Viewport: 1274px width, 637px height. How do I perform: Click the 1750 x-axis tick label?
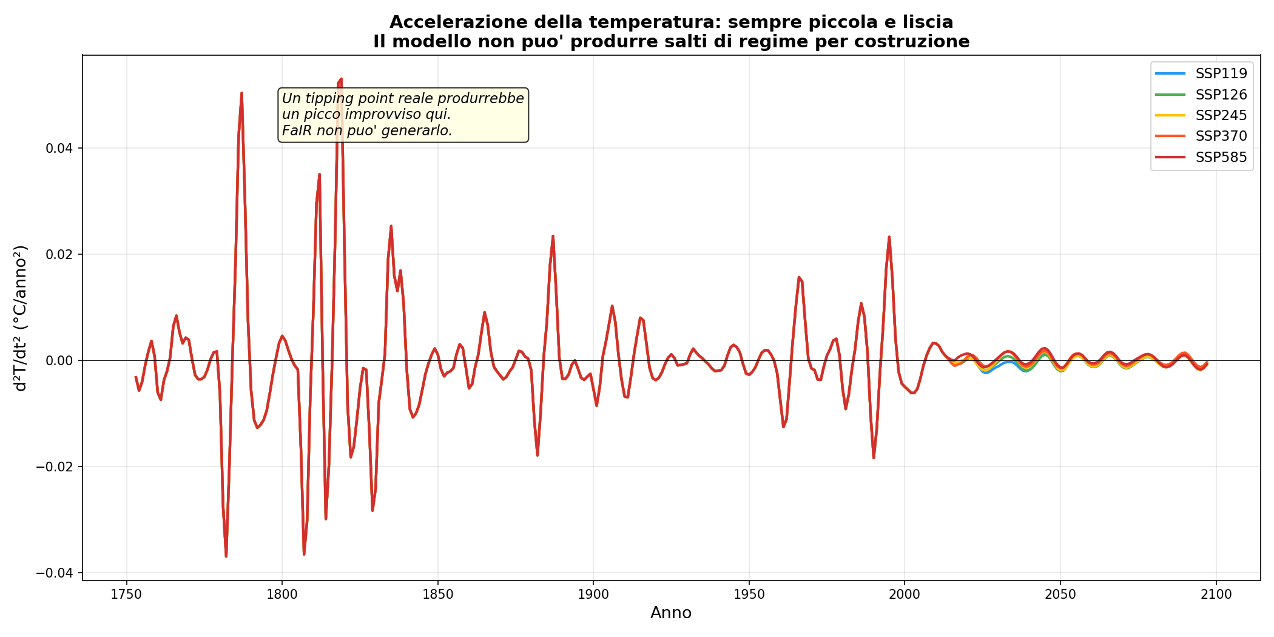coord(126,595)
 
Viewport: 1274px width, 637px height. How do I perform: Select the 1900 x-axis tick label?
coord(593,595)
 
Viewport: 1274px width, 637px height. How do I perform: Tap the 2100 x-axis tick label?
coord(1216,595)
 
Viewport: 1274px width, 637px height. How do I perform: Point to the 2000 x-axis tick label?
coord(905,595)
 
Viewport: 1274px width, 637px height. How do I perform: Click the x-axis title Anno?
coord(671,613)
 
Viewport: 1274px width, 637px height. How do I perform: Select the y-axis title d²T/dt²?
coord(21,318)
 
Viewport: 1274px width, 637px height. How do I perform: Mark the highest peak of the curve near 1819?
coord(341,79)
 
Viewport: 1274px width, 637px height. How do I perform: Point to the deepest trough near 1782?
coord(226,556)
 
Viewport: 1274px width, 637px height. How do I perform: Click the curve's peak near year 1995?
coord(889,237)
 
